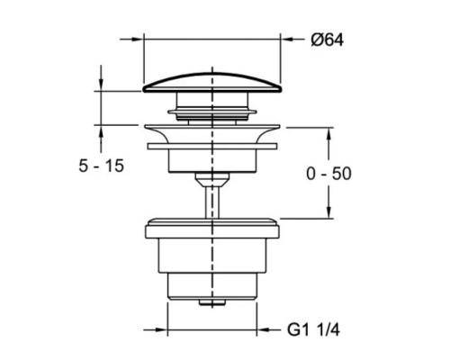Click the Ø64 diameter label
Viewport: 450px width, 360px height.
pyautogui.click(x=326, y=40)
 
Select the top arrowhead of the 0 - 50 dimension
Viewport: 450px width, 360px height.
pyautogui.click(x=328, y=130)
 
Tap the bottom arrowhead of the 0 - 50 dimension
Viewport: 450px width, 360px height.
pyautogui.click(x=328, y=213)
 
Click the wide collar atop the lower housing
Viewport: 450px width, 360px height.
pyautogui.click(x=212, y=226)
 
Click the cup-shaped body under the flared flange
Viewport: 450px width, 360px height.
pyautogui.click(x=212, y=159)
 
